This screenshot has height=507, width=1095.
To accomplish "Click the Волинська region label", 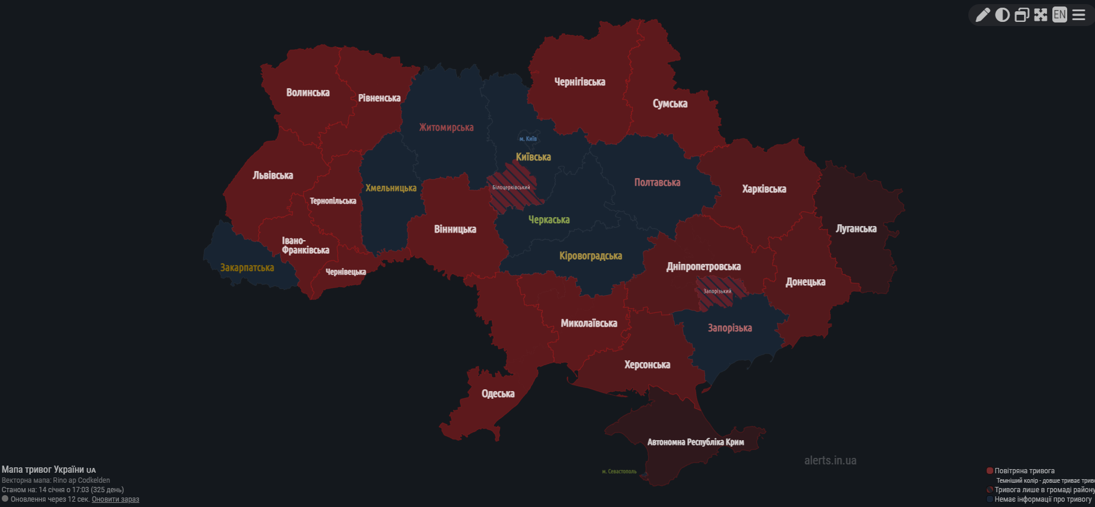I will tap(308, 92).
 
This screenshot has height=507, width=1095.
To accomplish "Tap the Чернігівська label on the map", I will tap(579, 82).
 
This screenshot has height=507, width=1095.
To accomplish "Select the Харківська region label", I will tap(764, 189).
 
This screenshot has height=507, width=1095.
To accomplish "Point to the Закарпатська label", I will tap(247, 267).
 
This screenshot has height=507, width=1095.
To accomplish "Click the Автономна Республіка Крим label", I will tap(695, 442).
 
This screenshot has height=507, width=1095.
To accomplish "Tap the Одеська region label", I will tap(498, 393).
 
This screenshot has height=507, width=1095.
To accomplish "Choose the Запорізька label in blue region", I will tap(730, 328).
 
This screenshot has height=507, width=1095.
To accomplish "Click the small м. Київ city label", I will tap(528, 138).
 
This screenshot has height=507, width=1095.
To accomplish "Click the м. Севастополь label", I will tap(619, 472).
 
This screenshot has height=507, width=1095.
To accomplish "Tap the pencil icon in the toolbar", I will tap(983, 15).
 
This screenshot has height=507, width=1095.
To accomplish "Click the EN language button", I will tap(1059, 15).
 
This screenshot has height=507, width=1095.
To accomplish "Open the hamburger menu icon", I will tap(1079, 15).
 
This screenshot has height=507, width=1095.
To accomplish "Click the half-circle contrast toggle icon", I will tap(1002, 15).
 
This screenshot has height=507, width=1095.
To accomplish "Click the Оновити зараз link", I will tap(115, 499).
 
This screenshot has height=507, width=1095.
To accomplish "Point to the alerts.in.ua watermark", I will tap(830, 460).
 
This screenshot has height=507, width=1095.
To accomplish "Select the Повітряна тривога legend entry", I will tap(1024, 471).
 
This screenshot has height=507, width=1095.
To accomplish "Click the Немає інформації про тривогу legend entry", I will tap(1042, 499).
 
